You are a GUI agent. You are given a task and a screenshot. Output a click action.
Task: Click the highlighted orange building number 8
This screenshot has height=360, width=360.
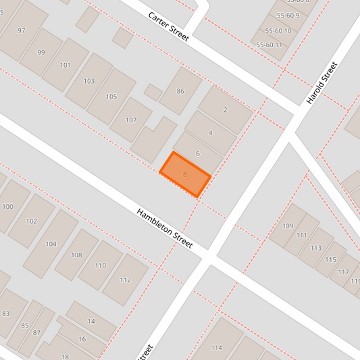(x=185, y=174)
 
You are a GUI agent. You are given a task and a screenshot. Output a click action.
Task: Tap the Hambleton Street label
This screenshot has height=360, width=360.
(x=165, y=228)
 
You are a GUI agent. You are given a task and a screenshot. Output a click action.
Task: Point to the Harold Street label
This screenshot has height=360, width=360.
(x=321, y=83)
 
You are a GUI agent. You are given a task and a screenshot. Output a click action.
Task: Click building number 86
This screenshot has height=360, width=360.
(x=180, y=91)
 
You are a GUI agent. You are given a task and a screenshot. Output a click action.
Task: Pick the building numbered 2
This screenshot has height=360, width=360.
(x=225, y=109)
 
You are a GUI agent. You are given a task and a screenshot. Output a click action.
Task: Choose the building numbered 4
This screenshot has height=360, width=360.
(x=211, y=132)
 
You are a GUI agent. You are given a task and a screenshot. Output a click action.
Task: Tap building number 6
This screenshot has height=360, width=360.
(x=198, y=153)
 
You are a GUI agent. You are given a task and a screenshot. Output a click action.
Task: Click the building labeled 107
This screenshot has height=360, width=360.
(x=131, y=120)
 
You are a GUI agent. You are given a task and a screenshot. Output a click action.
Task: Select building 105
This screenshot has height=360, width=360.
(x=111, y=97)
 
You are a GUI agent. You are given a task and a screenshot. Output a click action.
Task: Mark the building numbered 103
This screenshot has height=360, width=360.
(x=89, y=81)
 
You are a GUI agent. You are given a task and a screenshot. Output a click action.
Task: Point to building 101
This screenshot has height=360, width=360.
(x=66, y=66)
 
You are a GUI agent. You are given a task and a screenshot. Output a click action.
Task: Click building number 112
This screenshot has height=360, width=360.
(x=125, y=280)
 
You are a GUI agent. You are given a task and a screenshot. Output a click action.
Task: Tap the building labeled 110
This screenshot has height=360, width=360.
(x=100, y=265)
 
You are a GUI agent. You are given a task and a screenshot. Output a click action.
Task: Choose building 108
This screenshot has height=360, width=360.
(x=76, y=255)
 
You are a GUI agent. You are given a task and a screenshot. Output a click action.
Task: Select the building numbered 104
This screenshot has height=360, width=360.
(x=51, y=243)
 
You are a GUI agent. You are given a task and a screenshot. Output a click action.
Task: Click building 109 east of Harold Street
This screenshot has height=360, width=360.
(x=288, y=226)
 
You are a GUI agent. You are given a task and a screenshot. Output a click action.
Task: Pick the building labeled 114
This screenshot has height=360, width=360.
(x=216, y=348)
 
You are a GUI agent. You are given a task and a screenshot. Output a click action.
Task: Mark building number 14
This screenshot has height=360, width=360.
(x=91, y=322)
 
